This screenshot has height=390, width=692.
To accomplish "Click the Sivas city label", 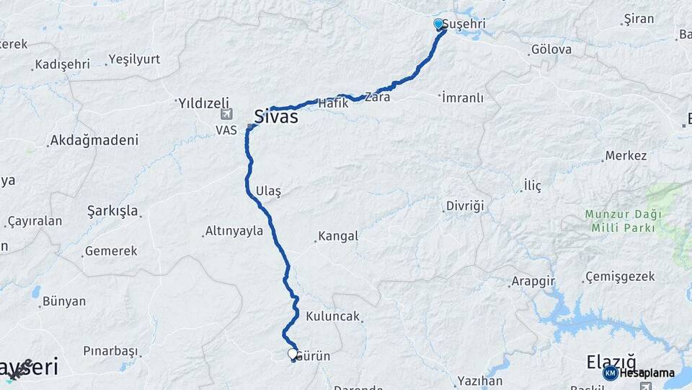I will tap(276, 117).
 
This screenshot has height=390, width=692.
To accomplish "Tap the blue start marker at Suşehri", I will tap(438, 25).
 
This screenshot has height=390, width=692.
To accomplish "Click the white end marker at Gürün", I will tap(293, 354).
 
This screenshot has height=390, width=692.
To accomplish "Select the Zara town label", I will tap(378, 96).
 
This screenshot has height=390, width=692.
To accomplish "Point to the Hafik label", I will tap(333, 104).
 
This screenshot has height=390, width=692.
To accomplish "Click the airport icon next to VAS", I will tap(227, 114).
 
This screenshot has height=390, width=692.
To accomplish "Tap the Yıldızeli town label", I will tap(203, 103).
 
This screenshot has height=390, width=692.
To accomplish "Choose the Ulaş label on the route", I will tap(268, 191).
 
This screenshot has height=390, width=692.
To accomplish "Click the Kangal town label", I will tap(338, 236).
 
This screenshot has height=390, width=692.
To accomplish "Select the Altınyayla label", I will tap(234, 231).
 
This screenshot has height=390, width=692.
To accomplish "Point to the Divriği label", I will tap(465, 207).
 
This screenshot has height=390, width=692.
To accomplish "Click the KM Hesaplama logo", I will tap(639, 373).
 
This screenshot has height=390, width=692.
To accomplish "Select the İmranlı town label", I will tap(463, 97).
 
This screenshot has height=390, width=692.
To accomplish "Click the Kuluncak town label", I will tap(332, 316).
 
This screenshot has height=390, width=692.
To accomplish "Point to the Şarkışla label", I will tap(112, 211).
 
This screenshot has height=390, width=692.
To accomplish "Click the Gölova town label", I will tap(551, 50).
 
